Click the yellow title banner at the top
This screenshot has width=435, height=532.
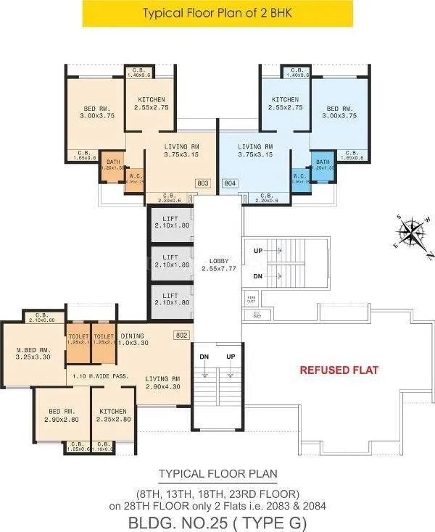point(217,13)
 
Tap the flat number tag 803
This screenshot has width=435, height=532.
point(203,183)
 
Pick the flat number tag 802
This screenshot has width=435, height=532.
point(181,336)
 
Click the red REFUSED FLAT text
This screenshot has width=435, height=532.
point(339,370)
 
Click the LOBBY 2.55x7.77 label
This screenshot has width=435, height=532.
point(219,265)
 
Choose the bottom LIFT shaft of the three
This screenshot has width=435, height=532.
point(170,298)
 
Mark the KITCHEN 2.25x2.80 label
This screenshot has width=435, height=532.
point(112,414)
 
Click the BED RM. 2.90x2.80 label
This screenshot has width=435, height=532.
point(64,414)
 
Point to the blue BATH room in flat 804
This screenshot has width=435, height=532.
point(323,165)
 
